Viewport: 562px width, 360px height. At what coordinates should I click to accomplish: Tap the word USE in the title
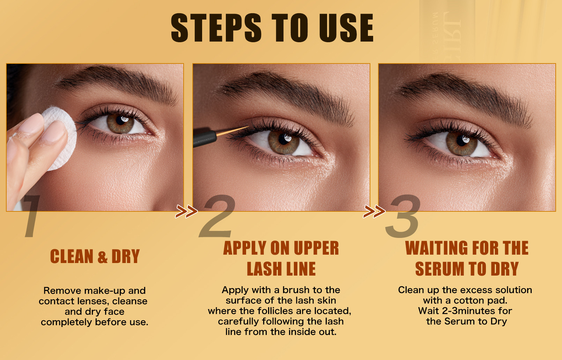tap(346, 28)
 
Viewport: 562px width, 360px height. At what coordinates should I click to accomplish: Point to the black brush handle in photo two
tap(205, 138)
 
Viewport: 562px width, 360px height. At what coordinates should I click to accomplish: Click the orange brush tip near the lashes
tap(232, 131)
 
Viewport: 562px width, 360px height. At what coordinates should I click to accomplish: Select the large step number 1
tap(32, 216)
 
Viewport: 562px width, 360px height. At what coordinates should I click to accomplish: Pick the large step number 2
tap(217, 216)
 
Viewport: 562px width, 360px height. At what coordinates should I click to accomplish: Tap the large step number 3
tap(403, 216)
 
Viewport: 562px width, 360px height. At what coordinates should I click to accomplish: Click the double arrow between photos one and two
tap(186, 211)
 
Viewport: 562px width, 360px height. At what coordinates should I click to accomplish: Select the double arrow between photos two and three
tap(374, 211)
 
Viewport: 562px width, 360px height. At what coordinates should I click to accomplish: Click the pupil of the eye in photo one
tap(121, 121)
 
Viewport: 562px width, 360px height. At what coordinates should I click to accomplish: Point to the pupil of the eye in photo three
tap(461, 141)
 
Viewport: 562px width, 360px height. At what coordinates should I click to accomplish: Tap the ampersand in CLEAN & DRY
tap(102, 257)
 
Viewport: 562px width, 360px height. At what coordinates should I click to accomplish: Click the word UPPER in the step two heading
tap(316, 248)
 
